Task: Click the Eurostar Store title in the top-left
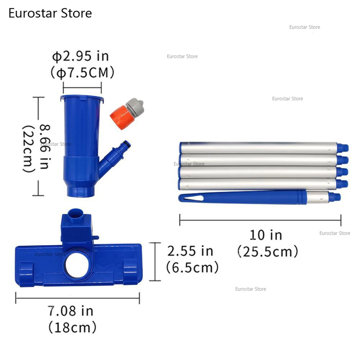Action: point(50,13)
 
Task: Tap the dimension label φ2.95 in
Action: point(80,56)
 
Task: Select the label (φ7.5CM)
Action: point(83,73)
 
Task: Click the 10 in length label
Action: point(266,235)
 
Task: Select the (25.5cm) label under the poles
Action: point(268,251)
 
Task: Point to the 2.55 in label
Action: point(190,251)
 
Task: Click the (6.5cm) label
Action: point(192,267)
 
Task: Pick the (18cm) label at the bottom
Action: point(72,327)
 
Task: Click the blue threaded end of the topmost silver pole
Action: point(343,147)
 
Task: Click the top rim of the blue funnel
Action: point(82,97)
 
